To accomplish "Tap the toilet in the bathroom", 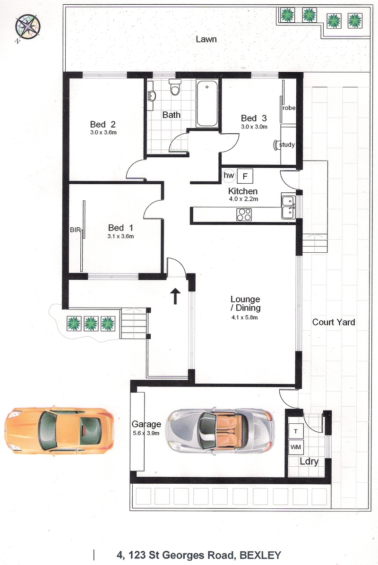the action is coord(175,87).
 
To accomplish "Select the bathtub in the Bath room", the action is coord(207,104).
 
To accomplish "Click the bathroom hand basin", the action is coord(152,96).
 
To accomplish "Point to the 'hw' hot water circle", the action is coord(229,175).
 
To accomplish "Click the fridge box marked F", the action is coord(245,176).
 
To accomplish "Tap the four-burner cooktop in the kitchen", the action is coord(244,214).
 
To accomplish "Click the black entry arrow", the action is coord(175,296).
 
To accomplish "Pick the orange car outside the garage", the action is coord(60,430).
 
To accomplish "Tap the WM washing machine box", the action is coord(296,447).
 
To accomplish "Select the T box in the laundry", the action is coord(296,431).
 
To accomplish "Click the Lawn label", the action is coord(206,39).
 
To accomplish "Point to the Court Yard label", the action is coord(333,322).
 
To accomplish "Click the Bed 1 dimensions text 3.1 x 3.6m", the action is coord(120,236).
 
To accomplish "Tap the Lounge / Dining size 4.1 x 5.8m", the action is coord(245,317).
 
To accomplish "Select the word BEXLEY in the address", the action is coord(260,555).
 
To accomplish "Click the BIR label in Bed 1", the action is coord(75,230).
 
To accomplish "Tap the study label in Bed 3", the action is coord(287,145).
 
